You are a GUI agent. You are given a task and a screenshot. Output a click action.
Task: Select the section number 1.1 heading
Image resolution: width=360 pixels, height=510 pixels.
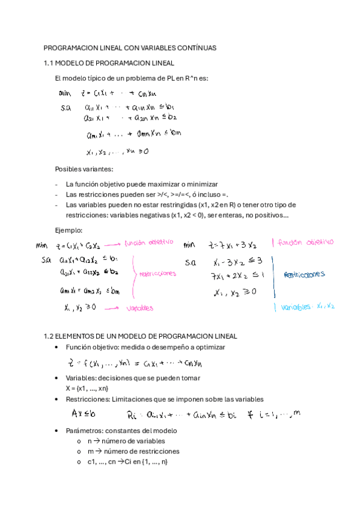click(x=49, y=63)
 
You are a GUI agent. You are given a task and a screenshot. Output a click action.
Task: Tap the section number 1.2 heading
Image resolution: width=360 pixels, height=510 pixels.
click(x=49, y=336)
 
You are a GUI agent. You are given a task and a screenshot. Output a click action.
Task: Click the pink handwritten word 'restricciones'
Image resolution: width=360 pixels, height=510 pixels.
click(x=157, y=273)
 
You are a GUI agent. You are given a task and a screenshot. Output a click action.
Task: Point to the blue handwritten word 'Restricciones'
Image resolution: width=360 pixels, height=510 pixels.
click(x=304, y=274)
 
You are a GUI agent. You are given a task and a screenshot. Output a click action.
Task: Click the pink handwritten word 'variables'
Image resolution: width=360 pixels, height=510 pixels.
click(x=140, y=309)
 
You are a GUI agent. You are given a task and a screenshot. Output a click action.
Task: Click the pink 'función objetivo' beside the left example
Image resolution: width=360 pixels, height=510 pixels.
click(x=148, y=242)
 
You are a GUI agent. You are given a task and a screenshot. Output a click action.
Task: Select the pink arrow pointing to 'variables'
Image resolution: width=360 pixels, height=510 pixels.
click(x=111, y=307)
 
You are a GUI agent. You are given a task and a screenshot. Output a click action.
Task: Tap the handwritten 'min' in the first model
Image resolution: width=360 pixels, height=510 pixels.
click(x=65, y=93)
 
